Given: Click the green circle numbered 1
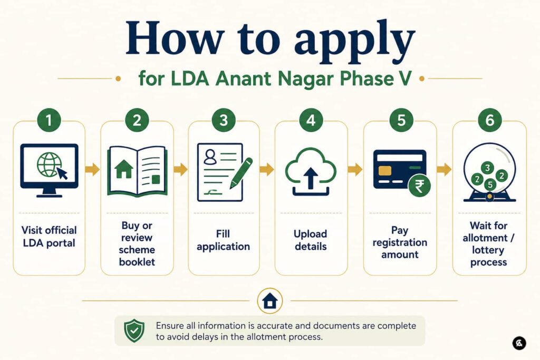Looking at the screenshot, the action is pos(49,120).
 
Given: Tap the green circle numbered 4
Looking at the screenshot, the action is pos(311,120).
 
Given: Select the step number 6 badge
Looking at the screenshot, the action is pos(489,120).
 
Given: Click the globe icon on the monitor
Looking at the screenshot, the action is pos(49,164).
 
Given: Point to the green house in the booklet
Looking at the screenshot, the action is pos(123,169).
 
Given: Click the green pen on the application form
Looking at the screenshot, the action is pos(241,173).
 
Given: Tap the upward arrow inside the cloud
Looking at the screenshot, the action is pos(311,178).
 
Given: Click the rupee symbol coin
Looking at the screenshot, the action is pos(419,186).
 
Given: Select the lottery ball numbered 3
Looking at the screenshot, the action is pos(487,168).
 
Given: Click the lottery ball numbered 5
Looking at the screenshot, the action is pos(490,185).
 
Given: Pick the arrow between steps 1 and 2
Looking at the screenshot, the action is pos(92,169).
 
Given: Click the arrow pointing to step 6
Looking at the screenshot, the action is pos(444,169).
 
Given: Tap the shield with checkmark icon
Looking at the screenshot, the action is pos(134,330).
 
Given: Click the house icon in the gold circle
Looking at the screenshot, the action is pos(269,301).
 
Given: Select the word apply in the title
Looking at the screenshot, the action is pos(355,40).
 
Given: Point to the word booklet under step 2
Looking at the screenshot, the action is pos(137,262).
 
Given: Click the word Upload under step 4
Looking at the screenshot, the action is pos(310,234).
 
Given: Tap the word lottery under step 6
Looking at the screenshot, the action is pos(488,250).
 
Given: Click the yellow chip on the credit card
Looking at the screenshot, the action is pos(384,171).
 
